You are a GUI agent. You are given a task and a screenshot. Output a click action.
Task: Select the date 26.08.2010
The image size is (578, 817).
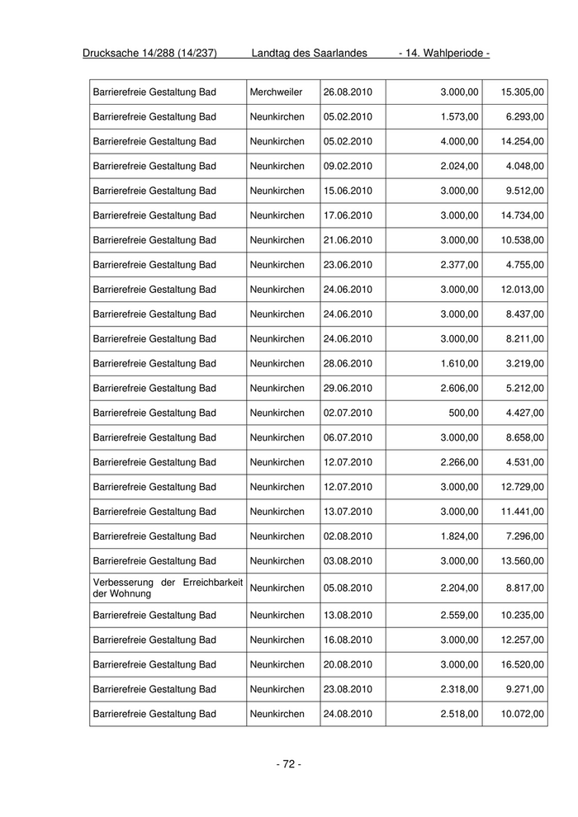348,92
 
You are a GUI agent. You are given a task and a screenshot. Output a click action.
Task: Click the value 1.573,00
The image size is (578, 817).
459,116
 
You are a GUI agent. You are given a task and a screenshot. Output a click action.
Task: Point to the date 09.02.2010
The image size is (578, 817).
348,166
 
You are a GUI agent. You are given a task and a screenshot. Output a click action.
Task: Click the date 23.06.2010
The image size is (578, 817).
348,265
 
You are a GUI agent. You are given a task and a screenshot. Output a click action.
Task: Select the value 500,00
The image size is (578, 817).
464,413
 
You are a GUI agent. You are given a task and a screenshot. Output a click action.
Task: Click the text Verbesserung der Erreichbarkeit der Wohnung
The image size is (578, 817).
168,588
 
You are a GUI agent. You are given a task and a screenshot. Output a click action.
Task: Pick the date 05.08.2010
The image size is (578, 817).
348,588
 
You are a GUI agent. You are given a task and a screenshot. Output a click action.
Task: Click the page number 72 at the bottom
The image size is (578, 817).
288,764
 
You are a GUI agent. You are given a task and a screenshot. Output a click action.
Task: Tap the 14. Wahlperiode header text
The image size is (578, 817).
444,54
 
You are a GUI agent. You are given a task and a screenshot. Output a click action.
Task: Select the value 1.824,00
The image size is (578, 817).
459,536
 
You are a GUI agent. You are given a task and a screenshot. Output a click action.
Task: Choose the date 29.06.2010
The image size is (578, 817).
348,388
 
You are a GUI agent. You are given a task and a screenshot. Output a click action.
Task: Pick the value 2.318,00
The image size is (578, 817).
459,689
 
